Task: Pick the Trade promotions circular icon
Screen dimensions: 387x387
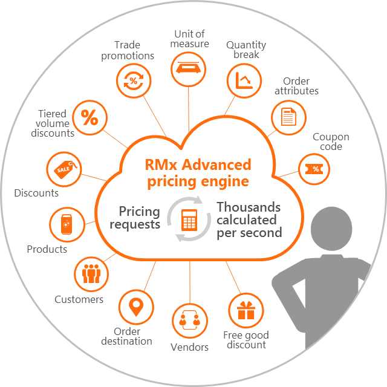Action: click(132, 82)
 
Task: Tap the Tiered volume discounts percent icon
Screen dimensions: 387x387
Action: click(89, 118)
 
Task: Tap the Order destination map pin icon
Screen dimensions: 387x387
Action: click(135, 307)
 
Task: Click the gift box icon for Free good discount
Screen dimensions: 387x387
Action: click(246, 310)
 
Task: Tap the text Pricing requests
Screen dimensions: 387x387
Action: click(139, 218)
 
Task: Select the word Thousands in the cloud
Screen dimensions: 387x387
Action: click(249, 207)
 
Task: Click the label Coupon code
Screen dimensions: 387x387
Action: click(330, 142)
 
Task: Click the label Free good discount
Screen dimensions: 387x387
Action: click(246, 340)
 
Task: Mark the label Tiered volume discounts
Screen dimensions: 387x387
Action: click(53, 123)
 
